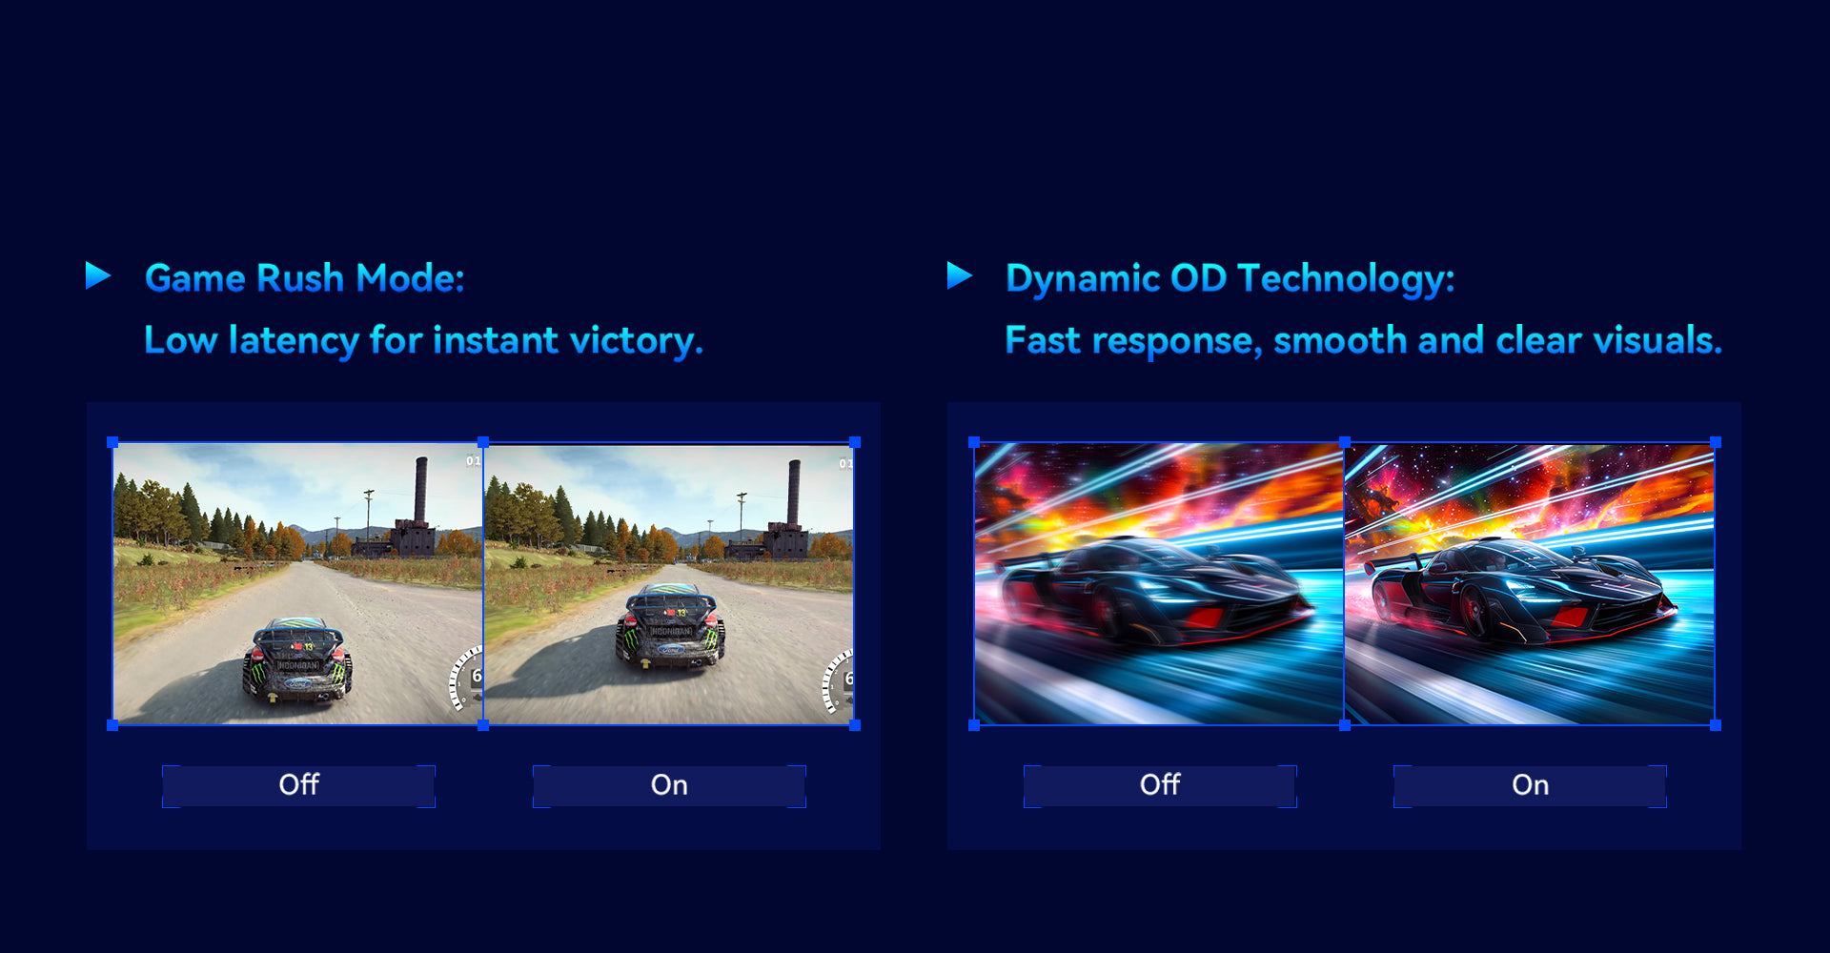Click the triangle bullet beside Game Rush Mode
(x=97, y=275)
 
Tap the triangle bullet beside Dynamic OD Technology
(x=959, y=275)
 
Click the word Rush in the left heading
(x=300, y=278)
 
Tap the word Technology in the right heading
(x=1346, y=279)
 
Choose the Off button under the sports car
(x=1160, y=786)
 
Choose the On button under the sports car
(x=1530, y=786)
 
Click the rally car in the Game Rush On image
(x=670, y=625)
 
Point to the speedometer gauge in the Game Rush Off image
(x=467, y=679)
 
